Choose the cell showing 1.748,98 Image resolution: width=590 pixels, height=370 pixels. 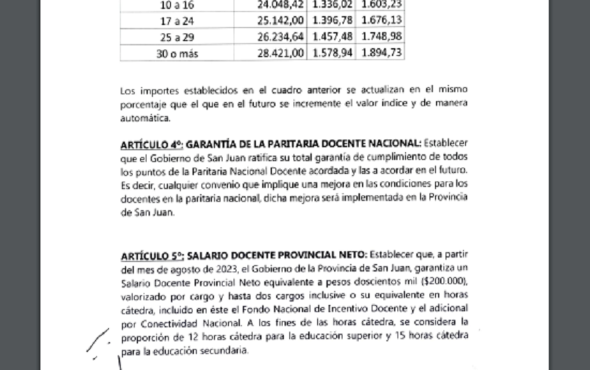380,36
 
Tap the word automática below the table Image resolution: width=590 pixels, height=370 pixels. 143,118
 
